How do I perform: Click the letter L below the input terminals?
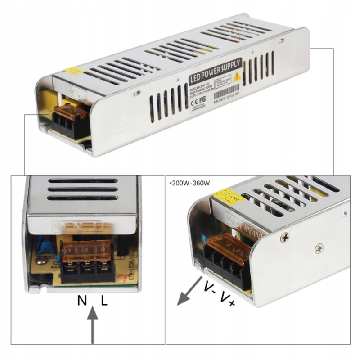tap(104, 301)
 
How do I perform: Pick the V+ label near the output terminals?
tap(227, 298)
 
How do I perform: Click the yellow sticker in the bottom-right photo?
tap(228, 197)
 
